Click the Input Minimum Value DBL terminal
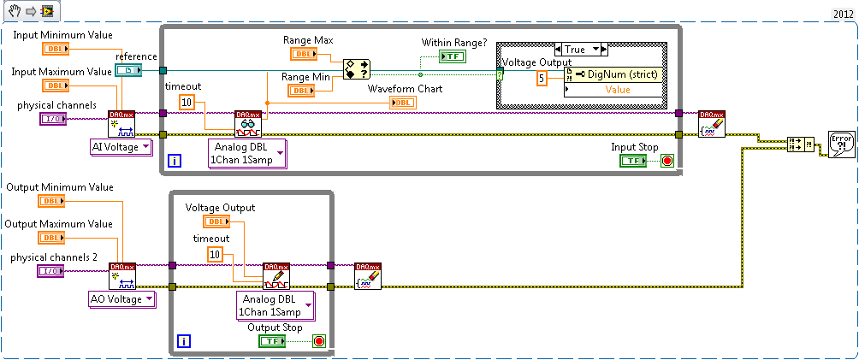tap(55, 48)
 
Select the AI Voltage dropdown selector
tap(121, 147)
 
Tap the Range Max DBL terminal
tap(303, 54)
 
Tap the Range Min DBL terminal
tap(300, 90)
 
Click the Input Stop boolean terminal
tap(634, 160)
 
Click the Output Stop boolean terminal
tap(272, 341)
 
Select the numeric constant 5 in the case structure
tap(542, 79)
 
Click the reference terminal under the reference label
tap(128, 70)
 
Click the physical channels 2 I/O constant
tap(52, 271)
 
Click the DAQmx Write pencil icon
tap(276, 276)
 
